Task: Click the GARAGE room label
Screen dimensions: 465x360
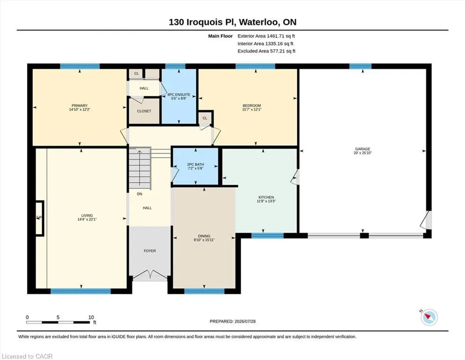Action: click(363, 149)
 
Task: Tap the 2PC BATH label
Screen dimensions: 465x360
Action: click(195, 165)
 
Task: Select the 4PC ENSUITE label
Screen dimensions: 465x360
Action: click(179, 94)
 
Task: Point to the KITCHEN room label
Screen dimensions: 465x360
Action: click(266, 197)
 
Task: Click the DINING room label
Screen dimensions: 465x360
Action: click(204, 236)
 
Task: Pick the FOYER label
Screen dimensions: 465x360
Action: click(150, 251)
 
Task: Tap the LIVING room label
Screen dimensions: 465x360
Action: click(87, 216)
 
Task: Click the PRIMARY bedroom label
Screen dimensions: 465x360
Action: click(80, 105)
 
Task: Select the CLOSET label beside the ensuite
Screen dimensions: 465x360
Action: click(144, 111)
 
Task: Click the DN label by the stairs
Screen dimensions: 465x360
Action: click(140, 194)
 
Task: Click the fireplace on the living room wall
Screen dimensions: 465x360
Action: click(39, 218)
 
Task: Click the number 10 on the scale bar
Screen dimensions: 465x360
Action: click(91, 317)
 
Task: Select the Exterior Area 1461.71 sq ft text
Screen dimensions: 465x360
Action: click(266, 36)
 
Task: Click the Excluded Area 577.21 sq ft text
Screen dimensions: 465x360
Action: click(266, 51)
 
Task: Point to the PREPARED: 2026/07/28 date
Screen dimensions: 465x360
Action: click(232, 321)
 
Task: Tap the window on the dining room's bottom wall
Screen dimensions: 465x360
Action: click(204, 291)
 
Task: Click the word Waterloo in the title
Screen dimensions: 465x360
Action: click(258, 22)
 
